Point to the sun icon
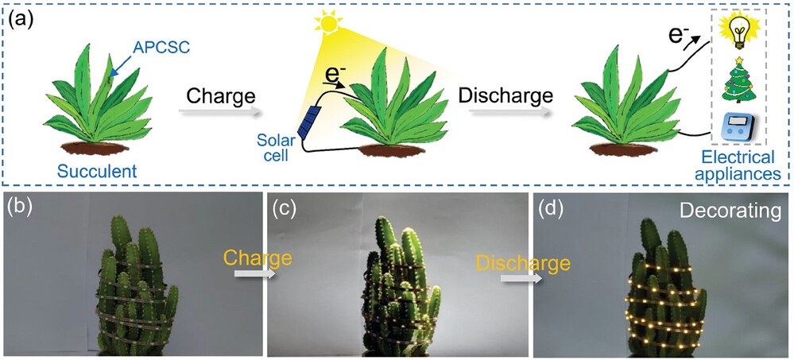coord(326,22)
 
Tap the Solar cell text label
coord(275,147)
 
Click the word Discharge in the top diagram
coord(505,96)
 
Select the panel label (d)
coord(552,210)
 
